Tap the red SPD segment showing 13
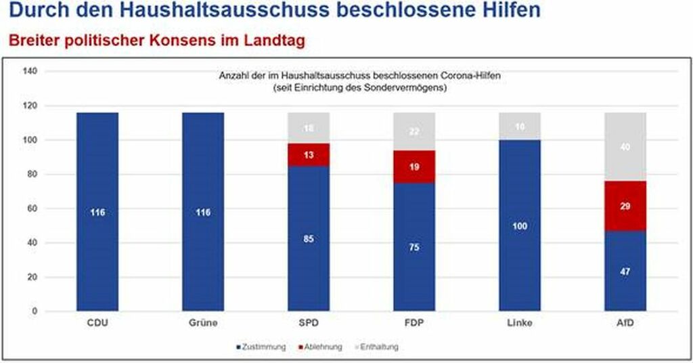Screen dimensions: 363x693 [309, 154]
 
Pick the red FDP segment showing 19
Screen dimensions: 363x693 [414, 167]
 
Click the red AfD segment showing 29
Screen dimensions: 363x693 [625, 206]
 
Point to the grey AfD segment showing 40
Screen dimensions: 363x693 [625, 146]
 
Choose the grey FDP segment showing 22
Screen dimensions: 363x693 [414, 131]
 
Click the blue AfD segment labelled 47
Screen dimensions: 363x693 [625, 271]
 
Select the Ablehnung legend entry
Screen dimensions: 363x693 [319, 347]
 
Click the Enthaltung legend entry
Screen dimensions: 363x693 [376, 347]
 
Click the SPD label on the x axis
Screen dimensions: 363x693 [309, 323]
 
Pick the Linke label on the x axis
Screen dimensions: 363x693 [520, 323]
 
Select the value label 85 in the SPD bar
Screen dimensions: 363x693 [309, 239]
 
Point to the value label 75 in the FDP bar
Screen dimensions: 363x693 [414, 247]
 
